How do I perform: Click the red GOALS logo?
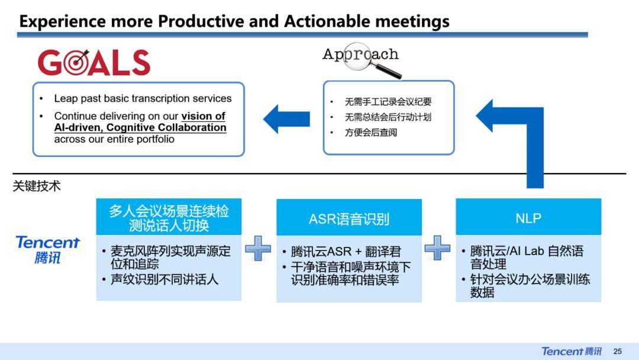(94, 62)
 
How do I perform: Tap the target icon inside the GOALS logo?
(76, 63)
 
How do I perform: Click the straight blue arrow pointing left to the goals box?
(286, 119)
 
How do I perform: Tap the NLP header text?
(528, 218)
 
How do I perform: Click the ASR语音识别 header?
(349, 219)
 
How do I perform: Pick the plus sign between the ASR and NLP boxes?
(437, 248)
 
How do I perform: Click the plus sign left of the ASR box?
(258, 248)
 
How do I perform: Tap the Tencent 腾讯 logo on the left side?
(48, 249)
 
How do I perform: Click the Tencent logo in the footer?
(572, 351)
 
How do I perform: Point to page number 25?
(617, 352)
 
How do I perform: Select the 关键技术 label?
(37, 186)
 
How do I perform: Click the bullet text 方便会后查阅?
(371, 133)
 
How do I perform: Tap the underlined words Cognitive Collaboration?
(166, 127)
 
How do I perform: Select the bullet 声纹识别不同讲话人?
(164, 279)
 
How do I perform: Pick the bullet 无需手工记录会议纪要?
(388, 101)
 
